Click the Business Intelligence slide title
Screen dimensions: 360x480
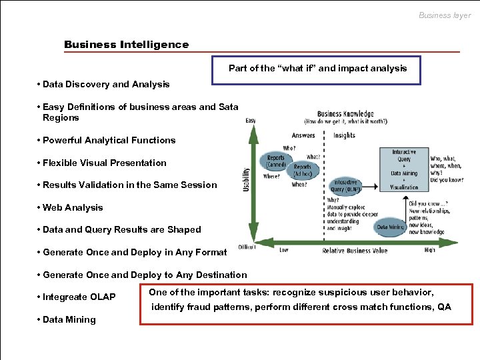126,45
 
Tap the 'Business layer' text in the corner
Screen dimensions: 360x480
444,15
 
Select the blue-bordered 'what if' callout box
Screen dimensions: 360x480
317,69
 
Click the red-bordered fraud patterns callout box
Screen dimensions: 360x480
306,304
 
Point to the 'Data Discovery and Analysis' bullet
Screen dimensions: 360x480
105,85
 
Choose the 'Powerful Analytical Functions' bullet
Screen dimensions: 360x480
109,140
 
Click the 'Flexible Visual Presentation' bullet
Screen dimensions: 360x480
104,163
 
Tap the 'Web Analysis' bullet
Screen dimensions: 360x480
73,207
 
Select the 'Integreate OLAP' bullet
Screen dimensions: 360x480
79,297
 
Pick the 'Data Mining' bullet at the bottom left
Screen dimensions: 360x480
69,319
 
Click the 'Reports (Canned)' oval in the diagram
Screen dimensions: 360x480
275,161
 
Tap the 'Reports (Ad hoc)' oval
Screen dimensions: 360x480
303,170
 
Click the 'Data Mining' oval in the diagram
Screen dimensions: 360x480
389,227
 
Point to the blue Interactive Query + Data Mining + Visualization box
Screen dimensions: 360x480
405,169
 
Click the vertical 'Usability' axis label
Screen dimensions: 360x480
245,180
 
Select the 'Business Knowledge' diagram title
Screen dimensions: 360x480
345,114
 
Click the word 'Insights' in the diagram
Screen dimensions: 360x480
344,135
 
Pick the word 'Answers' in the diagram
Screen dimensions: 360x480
303,135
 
